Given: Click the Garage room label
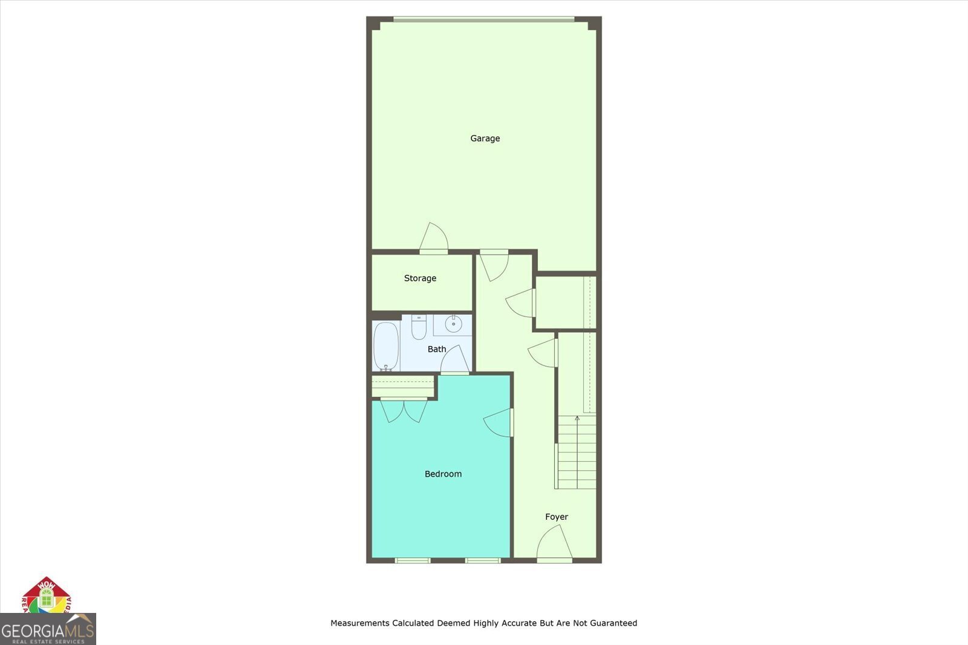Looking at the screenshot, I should coord(485,139).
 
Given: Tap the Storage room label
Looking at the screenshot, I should coord(420,278).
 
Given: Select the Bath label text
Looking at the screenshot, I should coord(437,349).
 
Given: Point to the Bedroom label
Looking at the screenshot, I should coord(443,474).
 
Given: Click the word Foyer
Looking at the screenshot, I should coord(557,517).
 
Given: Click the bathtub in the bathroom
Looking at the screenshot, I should coord(386,346).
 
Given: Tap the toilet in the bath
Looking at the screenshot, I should coord(419,327).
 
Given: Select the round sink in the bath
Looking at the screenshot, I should coord(453,325).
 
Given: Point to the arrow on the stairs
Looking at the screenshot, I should coord(577,419).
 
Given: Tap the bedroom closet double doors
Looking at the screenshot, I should coord(404,410).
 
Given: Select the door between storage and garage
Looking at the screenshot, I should coord(434,238).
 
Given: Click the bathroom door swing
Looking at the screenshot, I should coord(455,360).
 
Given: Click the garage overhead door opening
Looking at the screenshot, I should coord(484,19).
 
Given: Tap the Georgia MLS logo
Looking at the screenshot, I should coord(48,629).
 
